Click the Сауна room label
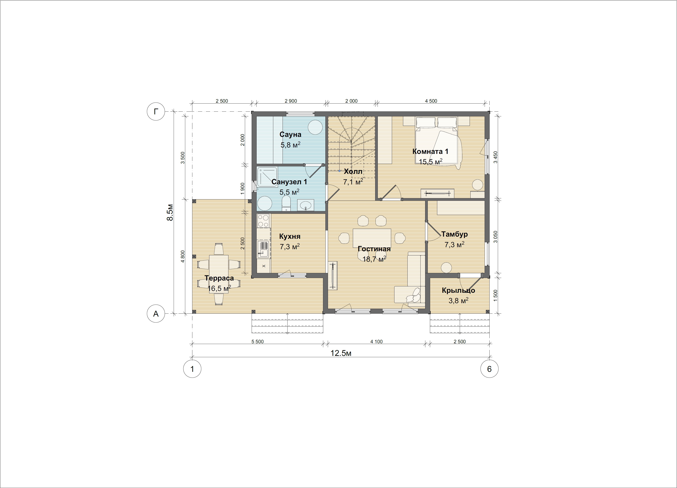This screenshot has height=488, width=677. [x=290, y=135]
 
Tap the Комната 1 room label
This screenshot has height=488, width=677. [x=430, y=151]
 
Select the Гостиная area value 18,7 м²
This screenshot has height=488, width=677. [x=374, y=259]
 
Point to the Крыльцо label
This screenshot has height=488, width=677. [x=458, y=290]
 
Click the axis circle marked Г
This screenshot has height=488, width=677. [x=156, y=111]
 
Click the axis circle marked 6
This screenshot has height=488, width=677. [x=489, y=369]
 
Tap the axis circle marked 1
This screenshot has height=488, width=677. [x=192, y=369]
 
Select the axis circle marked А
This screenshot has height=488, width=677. [x=156, y=314]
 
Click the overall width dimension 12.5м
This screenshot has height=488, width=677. [x=341, y=353]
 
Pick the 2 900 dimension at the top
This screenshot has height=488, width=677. [x=291, y=101]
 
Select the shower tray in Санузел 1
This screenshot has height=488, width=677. [x=267, y=177]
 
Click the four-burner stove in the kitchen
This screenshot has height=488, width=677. [x=263, y=221]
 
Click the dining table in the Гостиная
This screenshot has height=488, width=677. [x=372, y=238]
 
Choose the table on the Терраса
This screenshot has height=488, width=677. [x=219, y=274]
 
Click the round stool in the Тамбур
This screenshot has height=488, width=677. [x=447, y=268]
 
